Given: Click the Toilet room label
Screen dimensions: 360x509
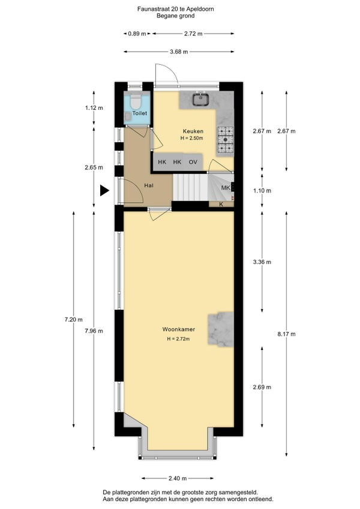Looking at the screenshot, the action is [x=140, y=113].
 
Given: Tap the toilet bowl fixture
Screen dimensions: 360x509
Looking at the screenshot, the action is [x=135, y=101].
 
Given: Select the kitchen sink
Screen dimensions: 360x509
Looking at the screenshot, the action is [x=202, y=99].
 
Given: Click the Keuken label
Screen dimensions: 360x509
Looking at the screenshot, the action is [x=193, y=131].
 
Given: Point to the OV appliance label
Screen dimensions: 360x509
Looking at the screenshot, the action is [x=193, y=161].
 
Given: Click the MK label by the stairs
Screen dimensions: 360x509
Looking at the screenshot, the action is [x=226, y=188].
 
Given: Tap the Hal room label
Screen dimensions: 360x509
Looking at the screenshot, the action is [x=149, y=185].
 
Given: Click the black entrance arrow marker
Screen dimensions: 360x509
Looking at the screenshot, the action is [x=104, y=190].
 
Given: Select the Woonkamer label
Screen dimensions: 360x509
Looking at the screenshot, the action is [x=179, y=329].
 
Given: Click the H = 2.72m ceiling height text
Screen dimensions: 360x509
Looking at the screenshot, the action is [x=178, y=339].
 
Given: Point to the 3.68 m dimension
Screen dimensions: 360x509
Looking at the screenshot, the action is [x=179, y=51].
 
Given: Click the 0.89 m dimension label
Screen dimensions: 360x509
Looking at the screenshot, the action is [x=137, y=34].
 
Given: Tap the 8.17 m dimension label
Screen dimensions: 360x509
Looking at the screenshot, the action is [x=287, y=334].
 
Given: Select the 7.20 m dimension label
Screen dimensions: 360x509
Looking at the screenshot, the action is [x=74, y=319].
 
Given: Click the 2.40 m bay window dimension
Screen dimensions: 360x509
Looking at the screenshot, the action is [x=178, y=478].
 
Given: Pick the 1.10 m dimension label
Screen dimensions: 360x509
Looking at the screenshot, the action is [x=262, y=190].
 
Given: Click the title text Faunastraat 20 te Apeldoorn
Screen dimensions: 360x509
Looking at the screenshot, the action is [x=176, y=9].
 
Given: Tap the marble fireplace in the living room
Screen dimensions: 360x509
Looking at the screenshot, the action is [x=221, y=329].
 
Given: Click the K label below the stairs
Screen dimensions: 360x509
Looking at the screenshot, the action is [x=221, y=204].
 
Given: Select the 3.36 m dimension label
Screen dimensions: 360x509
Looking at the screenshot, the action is [x=262, y=262].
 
